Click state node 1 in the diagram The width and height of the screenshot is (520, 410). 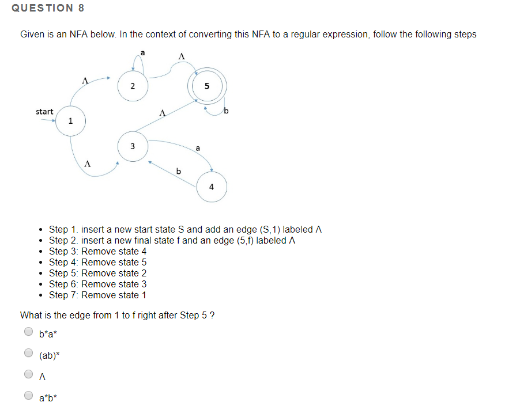[x=70, y=121]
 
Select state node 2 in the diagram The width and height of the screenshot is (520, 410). [x=133, y=86]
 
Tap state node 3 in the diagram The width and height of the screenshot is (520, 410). [x=132, y=146]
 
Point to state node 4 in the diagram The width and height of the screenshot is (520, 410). [x=212, y=187]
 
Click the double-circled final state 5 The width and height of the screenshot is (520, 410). [x=207, y=87]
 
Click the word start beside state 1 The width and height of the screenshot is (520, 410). [x=44, y=111]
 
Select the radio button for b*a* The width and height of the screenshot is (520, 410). [x=28, y=332]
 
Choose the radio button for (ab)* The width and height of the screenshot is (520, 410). [x=28, y=353]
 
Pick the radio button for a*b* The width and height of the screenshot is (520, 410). [x=28, y=396]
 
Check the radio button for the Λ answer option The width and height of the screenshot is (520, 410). [x=28, y=374]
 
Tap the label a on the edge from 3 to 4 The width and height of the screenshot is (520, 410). [x=198, y=149]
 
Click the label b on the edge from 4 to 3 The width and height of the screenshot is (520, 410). [x=178, y=171]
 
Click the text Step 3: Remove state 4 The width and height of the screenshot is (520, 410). [x=97, y=251]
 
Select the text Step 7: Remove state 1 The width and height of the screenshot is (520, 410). [x=97, y=295]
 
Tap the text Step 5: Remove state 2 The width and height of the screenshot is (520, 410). [x=97, y=273]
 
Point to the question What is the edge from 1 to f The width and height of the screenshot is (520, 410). [x=118, y=315]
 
